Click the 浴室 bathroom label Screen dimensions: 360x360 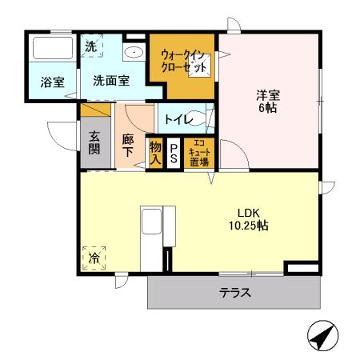53,80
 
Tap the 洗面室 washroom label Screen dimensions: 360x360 110,80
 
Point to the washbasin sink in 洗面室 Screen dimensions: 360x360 134,54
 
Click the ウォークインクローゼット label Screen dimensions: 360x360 185,59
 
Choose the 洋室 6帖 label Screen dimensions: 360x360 266,101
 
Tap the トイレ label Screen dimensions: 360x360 178,120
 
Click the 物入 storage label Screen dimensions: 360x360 156,153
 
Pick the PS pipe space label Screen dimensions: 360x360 174,153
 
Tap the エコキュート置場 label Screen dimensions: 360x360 198,152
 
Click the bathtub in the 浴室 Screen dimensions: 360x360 51,52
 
